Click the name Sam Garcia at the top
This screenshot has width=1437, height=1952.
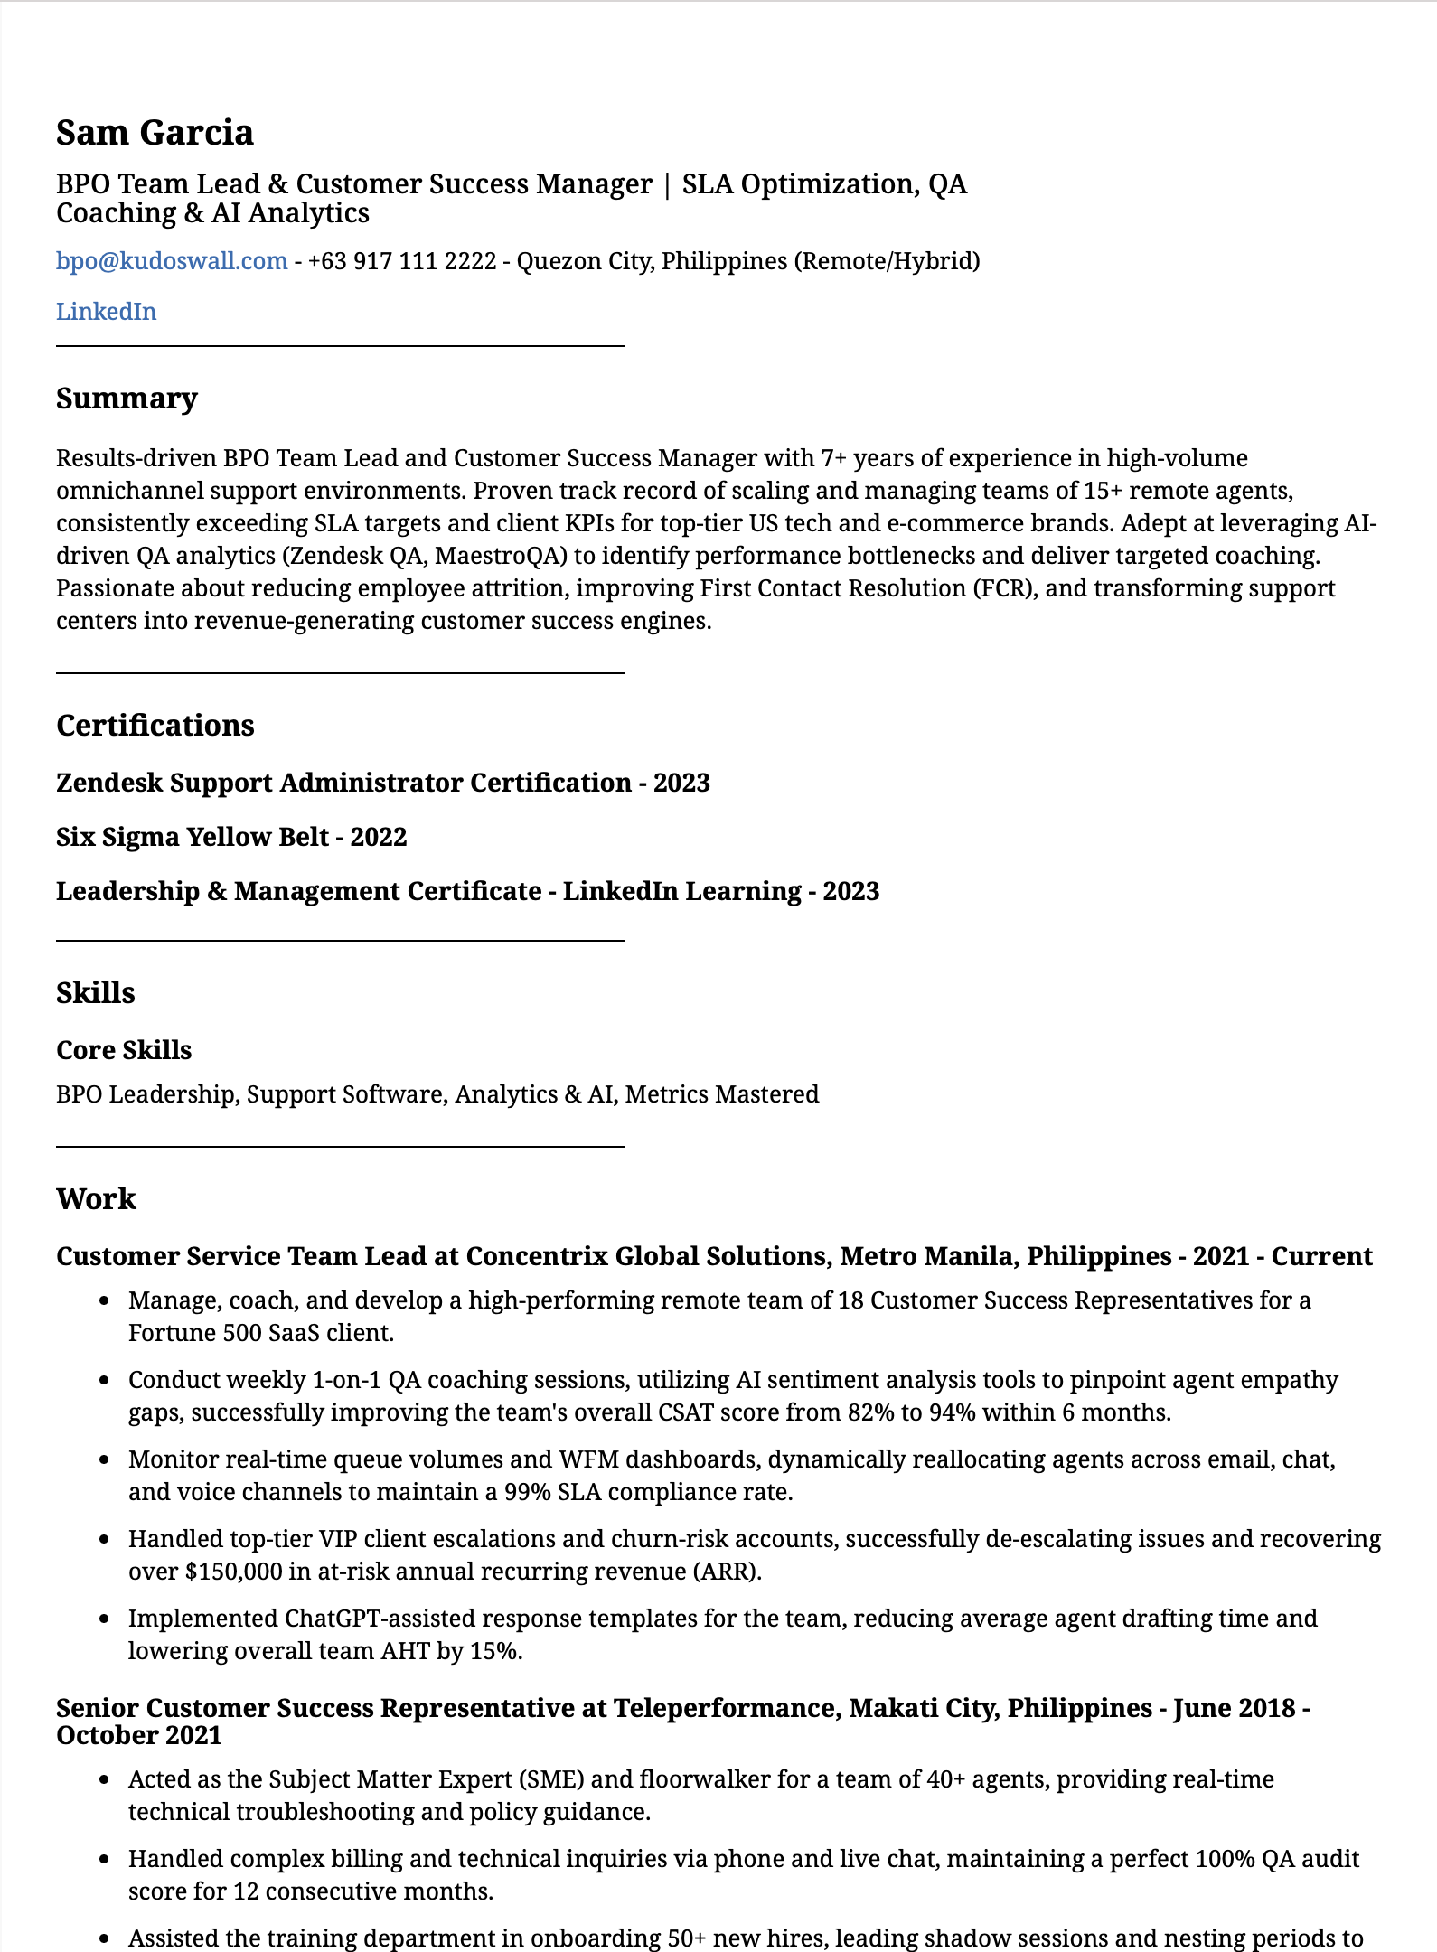coord(155,133)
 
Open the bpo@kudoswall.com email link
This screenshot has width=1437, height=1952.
coord(172,261)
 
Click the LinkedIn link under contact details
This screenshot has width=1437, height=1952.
coord(106,312)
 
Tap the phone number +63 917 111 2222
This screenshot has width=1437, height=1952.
coord(401,261)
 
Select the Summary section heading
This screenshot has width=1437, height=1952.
coord(127,399)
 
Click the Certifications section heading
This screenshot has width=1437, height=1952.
coord(155,726)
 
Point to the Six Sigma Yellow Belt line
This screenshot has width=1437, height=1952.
coord(231,837)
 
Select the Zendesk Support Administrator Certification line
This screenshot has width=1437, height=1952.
coord(382,783)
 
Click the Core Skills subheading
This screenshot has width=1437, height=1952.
coord(124,1050)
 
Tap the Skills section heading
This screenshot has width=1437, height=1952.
coord(95,993)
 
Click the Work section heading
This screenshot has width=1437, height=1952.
coord(96,1199)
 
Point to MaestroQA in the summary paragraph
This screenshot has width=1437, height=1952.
coord(500,556)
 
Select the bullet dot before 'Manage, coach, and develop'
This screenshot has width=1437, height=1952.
coord(106,1301)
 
